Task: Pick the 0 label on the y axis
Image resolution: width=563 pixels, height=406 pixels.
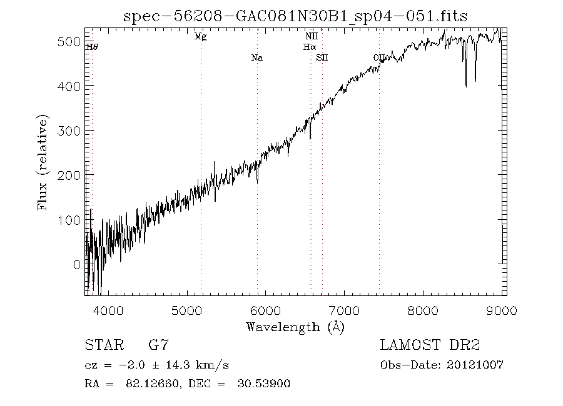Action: pyautogui.click(x=77, y=265)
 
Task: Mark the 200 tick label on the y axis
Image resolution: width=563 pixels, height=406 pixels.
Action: pyautogui.click(x=71, y=176)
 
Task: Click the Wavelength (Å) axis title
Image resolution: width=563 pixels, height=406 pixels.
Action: pyautogui.click(x=295, y=326)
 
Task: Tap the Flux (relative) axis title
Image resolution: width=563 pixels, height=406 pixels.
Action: pyautogui.click(x=43, y=162)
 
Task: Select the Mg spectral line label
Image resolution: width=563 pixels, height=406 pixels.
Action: pyautogui.click(x=200, y=37)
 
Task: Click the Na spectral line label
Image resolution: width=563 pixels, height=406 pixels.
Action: pyautogui.click(x=256, y=58)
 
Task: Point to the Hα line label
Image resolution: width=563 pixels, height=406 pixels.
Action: pyautogui.click(x=310, y=46)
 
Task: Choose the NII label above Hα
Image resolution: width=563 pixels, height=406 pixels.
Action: pyautogui.click(x=311, y=37)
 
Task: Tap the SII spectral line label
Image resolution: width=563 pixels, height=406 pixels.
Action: pyautogui.click(x=322, y=58)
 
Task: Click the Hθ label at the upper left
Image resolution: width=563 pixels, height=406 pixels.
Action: pyautogui.click(x=91, y=46)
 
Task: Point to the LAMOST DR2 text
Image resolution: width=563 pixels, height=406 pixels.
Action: pyautogui.click(x=430, y=345)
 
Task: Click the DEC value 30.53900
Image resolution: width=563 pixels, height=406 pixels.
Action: pyautogui.click(x=265, y=384)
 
